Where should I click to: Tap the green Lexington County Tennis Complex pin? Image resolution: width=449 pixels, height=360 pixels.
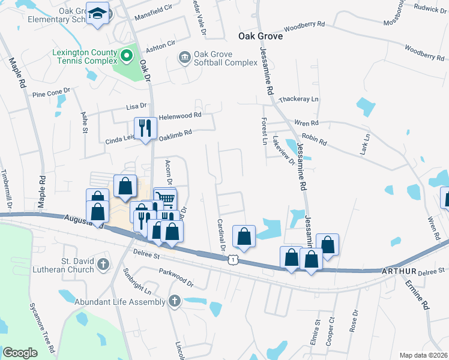127,57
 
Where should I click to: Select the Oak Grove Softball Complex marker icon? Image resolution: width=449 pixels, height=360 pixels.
184,58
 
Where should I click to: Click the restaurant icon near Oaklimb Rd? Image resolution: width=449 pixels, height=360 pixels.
145,127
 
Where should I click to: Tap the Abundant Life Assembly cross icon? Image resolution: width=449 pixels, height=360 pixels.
174,301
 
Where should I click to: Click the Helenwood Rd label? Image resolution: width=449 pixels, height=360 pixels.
180,115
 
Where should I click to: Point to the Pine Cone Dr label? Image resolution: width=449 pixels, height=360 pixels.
51,93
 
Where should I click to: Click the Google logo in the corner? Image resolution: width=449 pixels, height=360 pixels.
20,352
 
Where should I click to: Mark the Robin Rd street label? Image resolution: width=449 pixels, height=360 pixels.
314,140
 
